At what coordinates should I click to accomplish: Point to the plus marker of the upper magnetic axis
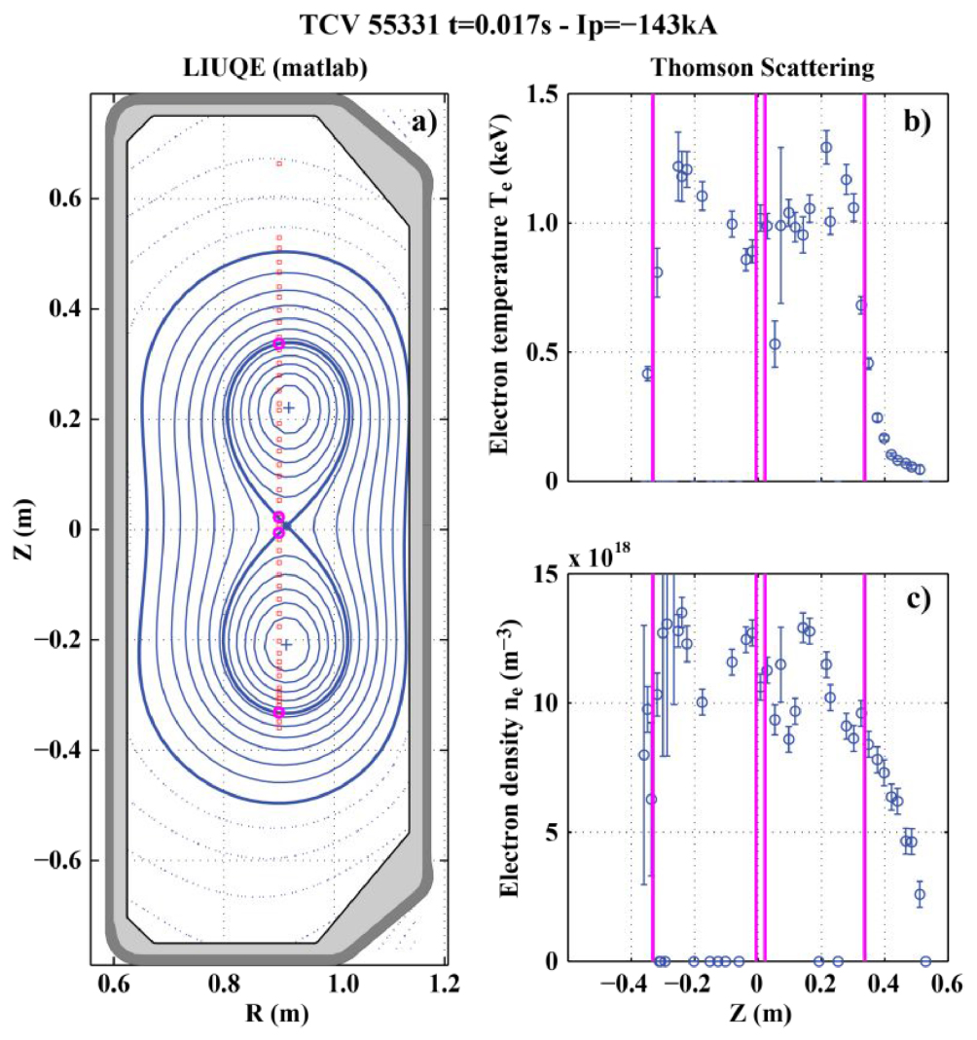click(x=288, y=409)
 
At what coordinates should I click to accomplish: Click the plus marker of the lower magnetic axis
click(x=286, y=644)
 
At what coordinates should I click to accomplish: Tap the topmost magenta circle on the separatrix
click(x=279, y=344)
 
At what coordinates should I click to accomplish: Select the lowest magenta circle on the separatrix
click(x=279, y=712)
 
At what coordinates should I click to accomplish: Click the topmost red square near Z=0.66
click(x=279, y=163)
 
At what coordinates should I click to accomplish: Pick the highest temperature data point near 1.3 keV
click(x=826, y=148)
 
